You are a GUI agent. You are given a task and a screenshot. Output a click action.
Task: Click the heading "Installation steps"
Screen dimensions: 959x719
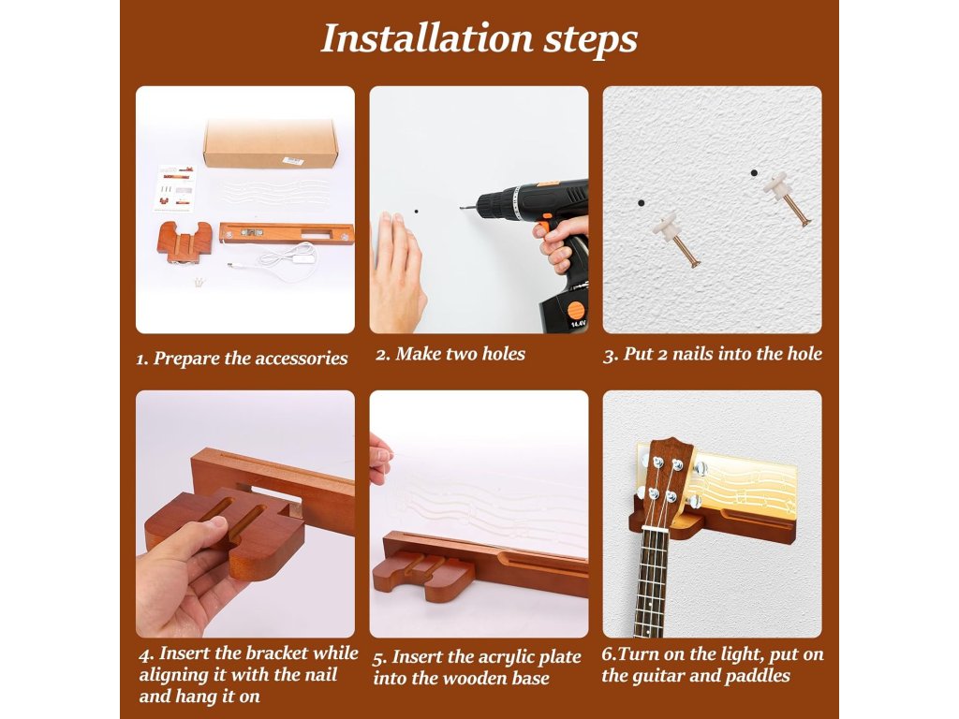point(479,38)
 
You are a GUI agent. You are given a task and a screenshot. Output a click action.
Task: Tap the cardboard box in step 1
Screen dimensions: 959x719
point(271,143)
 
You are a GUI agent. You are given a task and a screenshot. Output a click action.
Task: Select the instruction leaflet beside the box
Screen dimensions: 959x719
point(176,189)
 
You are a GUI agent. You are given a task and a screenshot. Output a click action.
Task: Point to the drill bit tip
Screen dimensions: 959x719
point(462,208)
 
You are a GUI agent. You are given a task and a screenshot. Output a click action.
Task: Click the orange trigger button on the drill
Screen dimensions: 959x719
point(541,228)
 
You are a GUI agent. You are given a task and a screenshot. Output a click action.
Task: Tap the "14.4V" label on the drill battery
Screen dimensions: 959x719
point(577,322)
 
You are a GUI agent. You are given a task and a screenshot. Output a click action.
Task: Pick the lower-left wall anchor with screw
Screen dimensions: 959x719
point(676,239)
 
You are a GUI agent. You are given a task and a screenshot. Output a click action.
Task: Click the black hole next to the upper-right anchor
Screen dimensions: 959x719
point(754,173)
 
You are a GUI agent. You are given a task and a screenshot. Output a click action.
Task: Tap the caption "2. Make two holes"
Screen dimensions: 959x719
point(450,354)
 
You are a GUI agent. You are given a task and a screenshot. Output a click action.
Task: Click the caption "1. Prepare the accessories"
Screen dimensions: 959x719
point(243,359)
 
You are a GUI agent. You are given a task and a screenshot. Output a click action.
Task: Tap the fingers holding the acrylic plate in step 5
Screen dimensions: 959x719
point(380,457)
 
